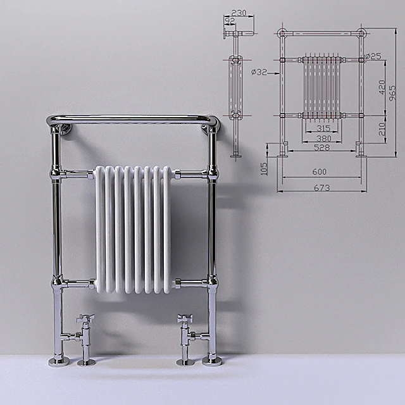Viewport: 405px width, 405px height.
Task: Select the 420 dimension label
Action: (x=382, y=87)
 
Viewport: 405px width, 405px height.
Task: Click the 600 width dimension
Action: (x=320, y=172)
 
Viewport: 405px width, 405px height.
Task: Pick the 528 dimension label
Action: (x=322, y=147)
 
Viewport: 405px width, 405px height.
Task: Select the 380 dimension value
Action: (x=323, y=138)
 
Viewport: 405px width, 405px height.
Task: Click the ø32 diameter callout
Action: (x=259, y=72)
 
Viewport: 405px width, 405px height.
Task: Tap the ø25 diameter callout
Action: (x=373, y=56)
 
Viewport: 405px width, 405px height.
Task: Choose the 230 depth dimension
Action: (x=239, y=13)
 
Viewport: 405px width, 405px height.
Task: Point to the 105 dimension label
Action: (x=264, y=166)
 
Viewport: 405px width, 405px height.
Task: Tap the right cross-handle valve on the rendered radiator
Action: (x=185, y=320)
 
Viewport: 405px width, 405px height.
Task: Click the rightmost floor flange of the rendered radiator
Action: (x=211, y=360)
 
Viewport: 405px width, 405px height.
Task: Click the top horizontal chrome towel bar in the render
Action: (x=133, y=118)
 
